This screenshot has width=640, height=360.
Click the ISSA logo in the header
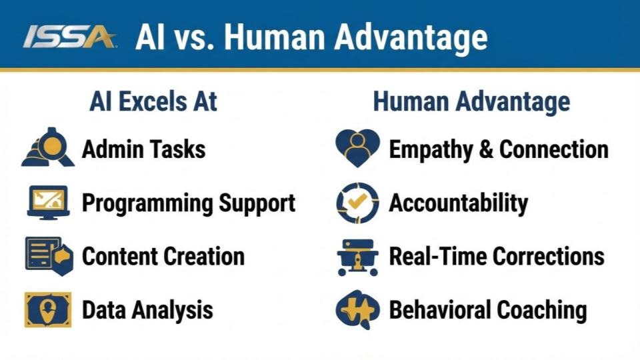tap(69, 37)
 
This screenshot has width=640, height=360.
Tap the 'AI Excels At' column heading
tap(153, 101)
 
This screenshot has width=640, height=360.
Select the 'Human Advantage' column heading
tap(471, 101)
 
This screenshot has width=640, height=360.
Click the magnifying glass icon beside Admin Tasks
tap(48, 147)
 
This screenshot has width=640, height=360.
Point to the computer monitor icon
tap(48, 203)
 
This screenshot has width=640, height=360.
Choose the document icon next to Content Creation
tap(49, 256)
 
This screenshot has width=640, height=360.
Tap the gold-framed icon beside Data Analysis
tap(48, 309)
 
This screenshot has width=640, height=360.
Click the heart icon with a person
tap(357, 148)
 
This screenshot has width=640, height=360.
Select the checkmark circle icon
tap(357, 203)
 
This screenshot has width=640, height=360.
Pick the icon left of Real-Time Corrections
tap(357, 257)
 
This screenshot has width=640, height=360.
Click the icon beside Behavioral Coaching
tap(357, 309)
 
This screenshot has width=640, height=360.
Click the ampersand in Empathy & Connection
tap(486, 149)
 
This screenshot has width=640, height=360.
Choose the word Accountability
tap(459, 203)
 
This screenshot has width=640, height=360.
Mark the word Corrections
tap(549, 256)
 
